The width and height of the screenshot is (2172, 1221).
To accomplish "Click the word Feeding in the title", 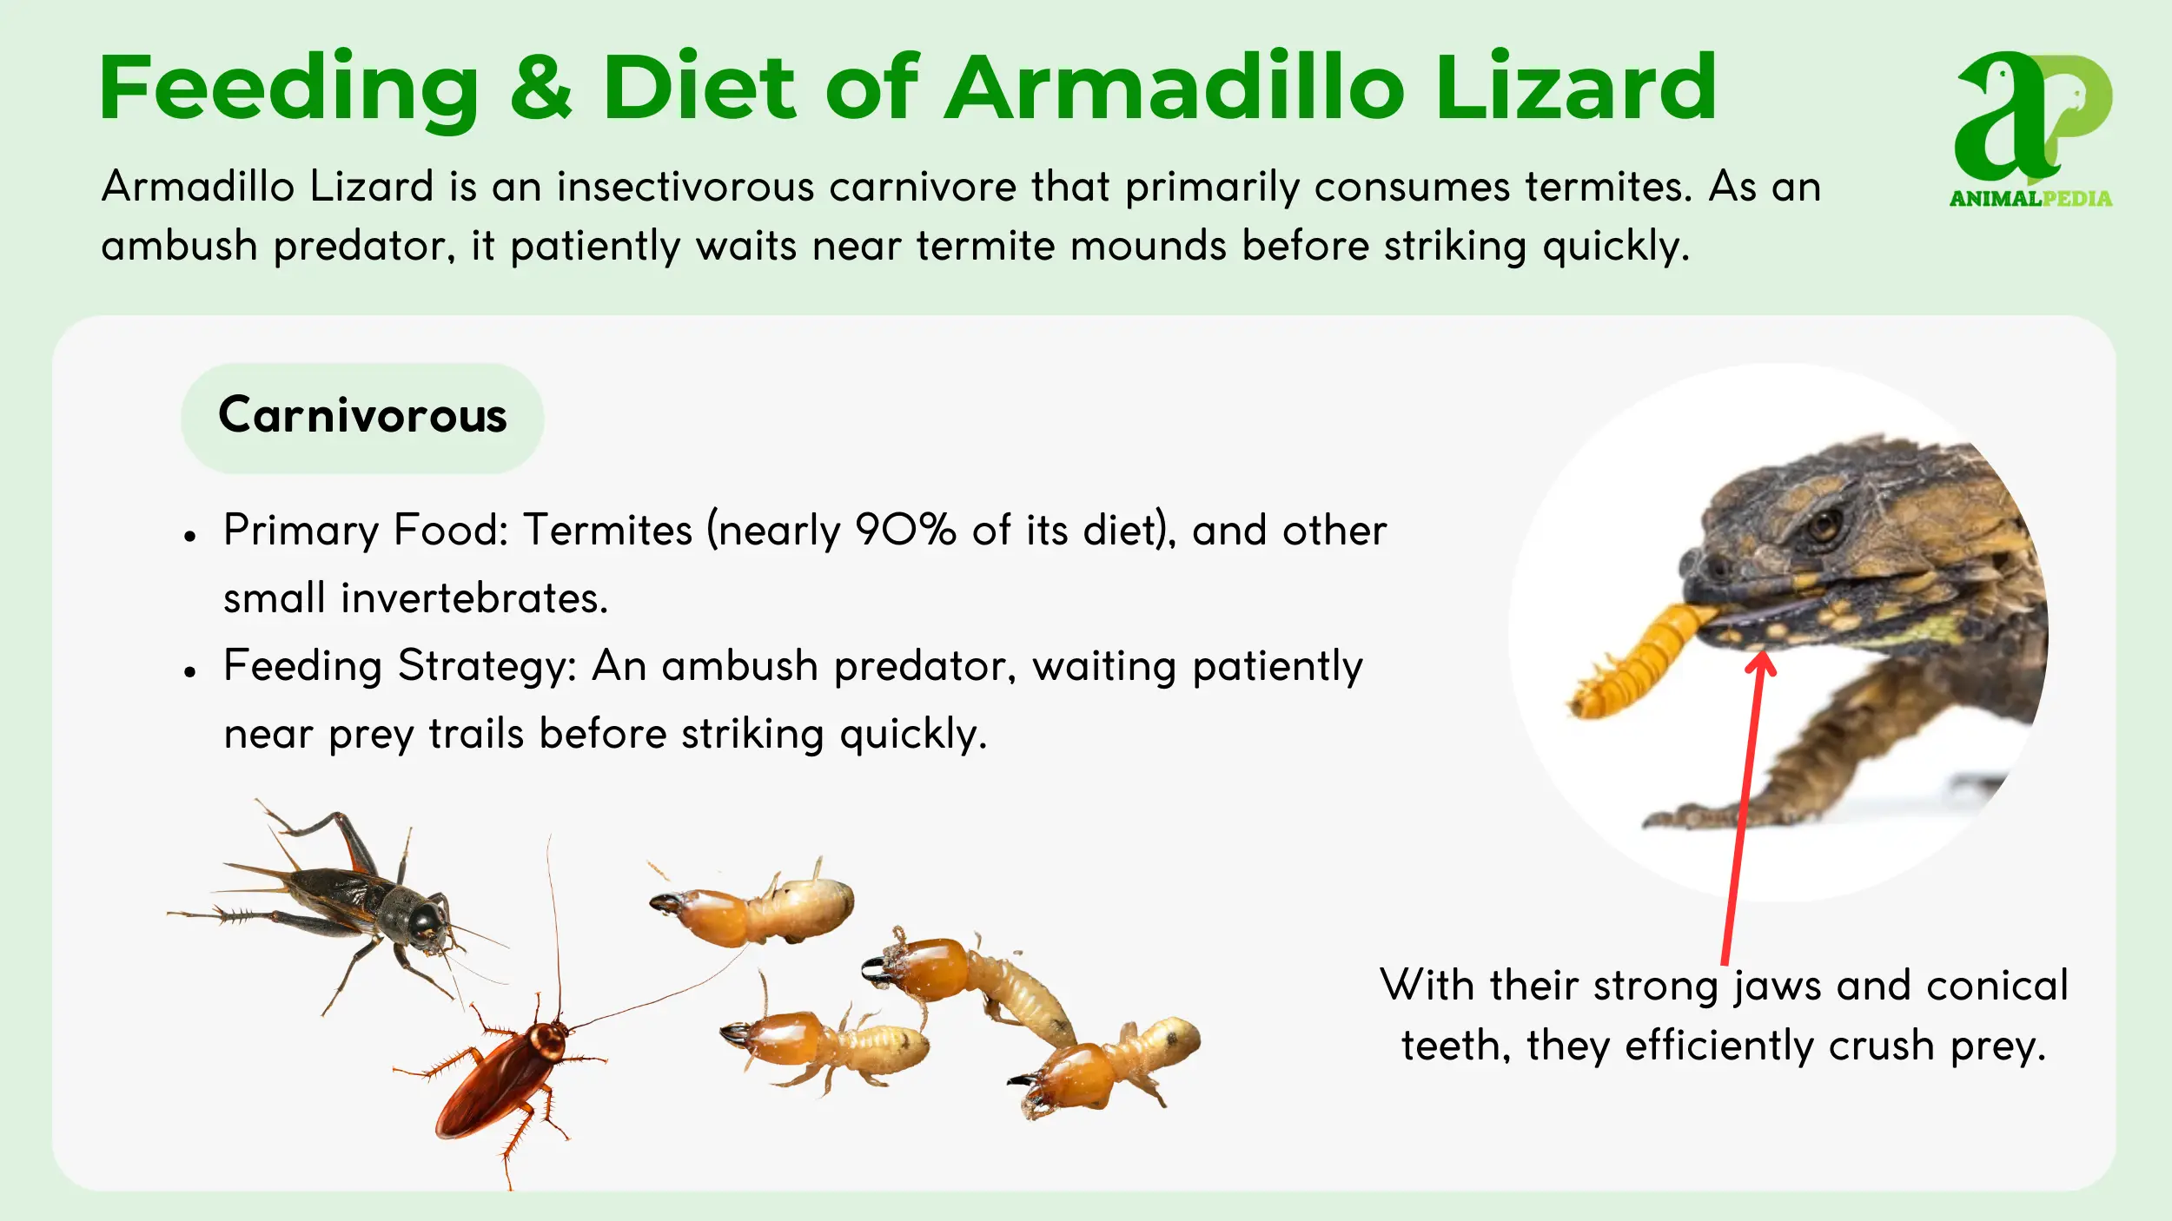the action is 289,89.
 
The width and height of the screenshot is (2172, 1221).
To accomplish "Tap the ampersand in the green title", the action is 540,87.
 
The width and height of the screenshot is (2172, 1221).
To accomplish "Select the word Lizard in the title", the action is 1576,86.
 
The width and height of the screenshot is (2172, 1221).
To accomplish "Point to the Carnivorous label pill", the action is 362,418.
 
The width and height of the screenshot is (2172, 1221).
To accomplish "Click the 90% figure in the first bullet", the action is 904,529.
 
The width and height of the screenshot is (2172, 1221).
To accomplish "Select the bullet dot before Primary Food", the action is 190,537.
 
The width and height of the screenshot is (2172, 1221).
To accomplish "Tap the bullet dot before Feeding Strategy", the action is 190,672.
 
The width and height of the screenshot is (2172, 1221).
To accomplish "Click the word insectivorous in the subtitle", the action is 685,187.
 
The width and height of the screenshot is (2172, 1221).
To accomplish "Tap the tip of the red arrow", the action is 1762,651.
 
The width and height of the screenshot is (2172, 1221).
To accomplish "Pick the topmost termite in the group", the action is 751,904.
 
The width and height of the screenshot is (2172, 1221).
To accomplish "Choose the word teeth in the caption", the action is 1454,1045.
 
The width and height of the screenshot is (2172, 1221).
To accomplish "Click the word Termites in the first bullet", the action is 608,529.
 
